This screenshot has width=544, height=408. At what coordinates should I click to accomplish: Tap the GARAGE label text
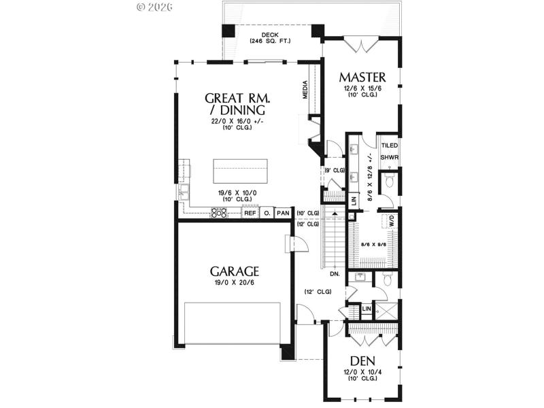pyautogui.click(x=235, y=271)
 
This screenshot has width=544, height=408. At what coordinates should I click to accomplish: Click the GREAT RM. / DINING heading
pyautogui.click(x=235, y=103)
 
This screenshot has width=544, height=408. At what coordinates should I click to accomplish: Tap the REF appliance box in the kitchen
pyautogui.click(x=250, y=213)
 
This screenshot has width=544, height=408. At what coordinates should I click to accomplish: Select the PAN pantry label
pyautogui.click(x=284, y=213)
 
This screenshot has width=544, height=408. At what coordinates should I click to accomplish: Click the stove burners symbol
pyautogui.click(x=220, y=213)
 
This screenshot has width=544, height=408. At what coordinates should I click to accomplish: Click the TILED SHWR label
pyautogui.click(x=390, y=151)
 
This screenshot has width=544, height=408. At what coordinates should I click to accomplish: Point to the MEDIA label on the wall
pyautogui.click(x=305, y=89)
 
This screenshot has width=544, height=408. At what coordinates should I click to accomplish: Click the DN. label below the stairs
pyautogui.click(x=334, y=274)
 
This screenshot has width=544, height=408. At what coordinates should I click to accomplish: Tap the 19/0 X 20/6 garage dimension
pyautogui.click(x=235, y=282)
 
